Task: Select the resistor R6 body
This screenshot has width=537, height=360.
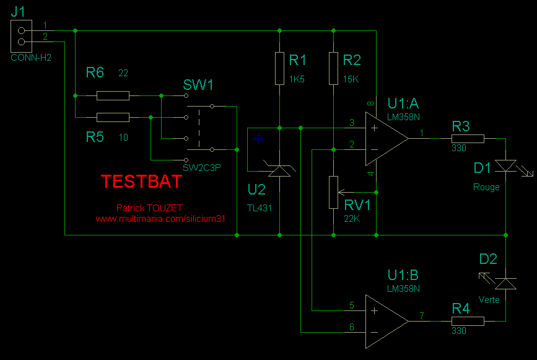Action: (113, 95)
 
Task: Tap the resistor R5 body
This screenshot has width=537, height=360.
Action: (113, 117)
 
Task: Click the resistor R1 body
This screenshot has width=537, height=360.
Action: (280, 68)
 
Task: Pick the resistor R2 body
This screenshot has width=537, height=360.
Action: (333, 68)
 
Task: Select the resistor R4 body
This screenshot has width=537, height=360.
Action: (468, 321)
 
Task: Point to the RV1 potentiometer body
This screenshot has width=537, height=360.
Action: (333, 193)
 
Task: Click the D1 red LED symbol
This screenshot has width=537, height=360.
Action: (507, 166)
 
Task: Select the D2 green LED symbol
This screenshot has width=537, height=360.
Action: (507, 283)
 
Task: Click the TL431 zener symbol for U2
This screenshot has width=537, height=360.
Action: (280, 170)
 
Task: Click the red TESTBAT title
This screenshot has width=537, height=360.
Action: (141, 182)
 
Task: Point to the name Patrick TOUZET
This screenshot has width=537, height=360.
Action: (149, 208)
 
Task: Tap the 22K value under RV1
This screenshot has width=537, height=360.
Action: (351, 219)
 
